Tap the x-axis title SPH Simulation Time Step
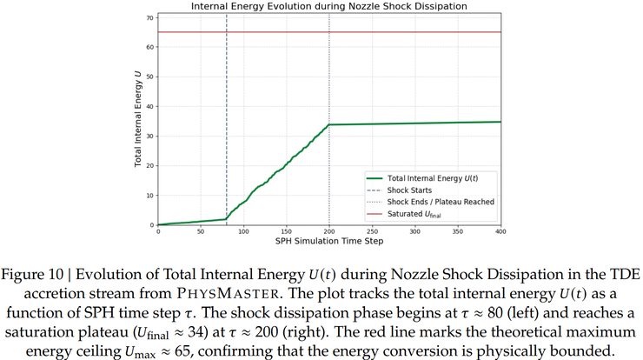click(x=328, y=241)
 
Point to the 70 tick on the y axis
click(x=149, y=17)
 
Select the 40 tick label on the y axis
click(x=149, y=107)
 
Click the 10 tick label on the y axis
click(x=149, y=196)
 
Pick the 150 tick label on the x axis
click(x=286, y=231)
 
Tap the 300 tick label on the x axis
click(x=415, y=231)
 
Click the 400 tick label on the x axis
click(x=500, y=231)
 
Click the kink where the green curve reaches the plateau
click(x=329, y=124)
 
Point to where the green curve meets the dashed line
click(x=226, y=219)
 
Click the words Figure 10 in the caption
click(x=41, y=275)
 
